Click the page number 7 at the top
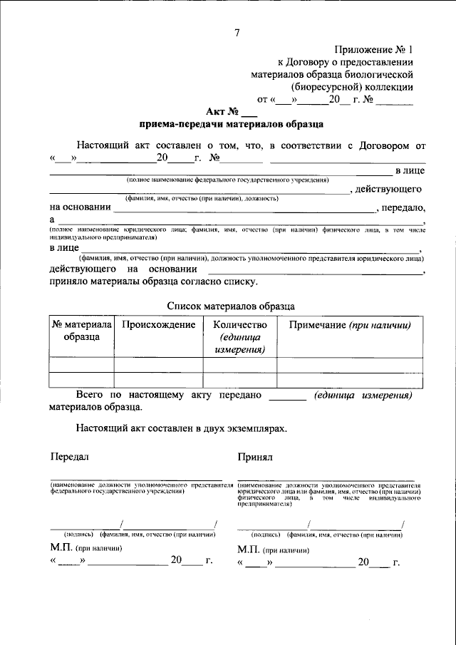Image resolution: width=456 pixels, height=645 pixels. click(x=237, y=31)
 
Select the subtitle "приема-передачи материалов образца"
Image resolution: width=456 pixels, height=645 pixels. click(x=231, y=123)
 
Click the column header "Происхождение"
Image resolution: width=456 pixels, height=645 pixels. click(x=158, y=325)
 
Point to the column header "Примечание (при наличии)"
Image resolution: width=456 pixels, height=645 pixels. click(x=350, y=325)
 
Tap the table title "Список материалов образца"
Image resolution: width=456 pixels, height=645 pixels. click(x=231, y=304)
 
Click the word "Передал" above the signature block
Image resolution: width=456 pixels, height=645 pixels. click(x=70, y=455)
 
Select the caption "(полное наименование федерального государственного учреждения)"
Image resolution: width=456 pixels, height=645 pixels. click(x=227, y=180)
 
